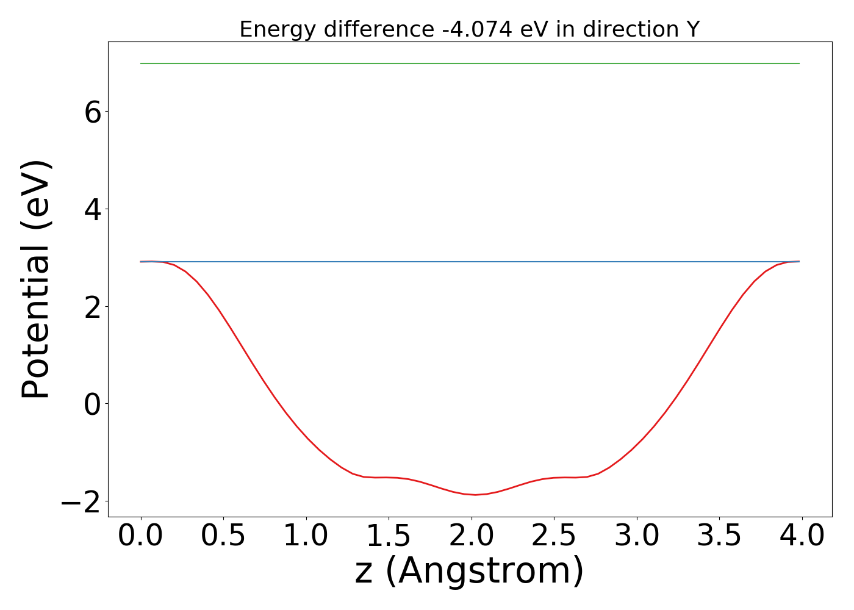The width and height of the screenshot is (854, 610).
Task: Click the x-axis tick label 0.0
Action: [140, 536]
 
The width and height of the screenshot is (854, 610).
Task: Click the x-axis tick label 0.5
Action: [223, 536]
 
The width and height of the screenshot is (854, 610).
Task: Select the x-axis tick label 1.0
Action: [306, 536]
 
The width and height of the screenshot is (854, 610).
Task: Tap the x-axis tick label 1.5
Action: [389, 536]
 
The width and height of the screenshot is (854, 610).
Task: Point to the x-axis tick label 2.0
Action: [472, 536]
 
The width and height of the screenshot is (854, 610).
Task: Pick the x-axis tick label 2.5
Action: [554, 536]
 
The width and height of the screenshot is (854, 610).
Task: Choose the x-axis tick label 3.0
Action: [637, 536]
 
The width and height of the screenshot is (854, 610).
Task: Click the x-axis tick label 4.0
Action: [802, 536]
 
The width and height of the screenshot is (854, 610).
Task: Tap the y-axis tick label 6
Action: [93, 112]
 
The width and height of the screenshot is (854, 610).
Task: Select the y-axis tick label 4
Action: [93, 209]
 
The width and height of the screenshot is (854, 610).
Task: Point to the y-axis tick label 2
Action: [93, 306]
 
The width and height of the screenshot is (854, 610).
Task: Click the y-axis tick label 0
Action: [93, 404]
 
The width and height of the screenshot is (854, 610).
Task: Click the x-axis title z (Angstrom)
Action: [469, 572]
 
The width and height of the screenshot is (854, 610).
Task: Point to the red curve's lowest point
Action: [475, 495]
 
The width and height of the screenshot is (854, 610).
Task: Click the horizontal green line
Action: [470, 63]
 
